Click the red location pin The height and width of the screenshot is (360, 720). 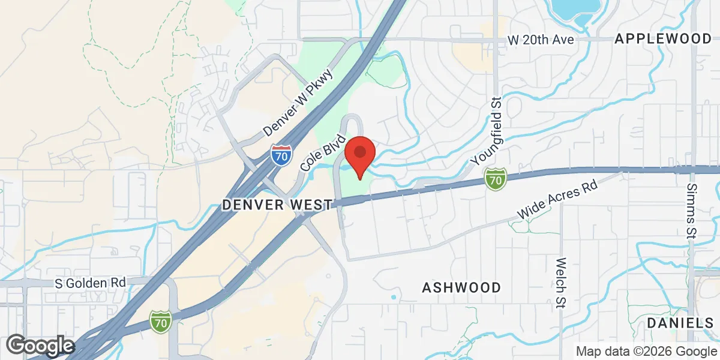point(360,154)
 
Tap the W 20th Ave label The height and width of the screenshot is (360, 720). point(541,40)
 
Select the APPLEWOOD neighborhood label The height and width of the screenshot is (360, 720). point(663,39)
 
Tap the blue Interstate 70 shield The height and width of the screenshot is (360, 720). point(281,155)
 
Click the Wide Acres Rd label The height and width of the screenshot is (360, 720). point(559,203)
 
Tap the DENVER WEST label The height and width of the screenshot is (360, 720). point(277,205)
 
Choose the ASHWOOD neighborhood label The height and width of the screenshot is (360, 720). point(461,288)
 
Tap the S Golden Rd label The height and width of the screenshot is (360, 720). point(91,282)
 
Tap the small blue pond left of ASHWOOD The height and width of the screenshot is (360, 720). point(394,297)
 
